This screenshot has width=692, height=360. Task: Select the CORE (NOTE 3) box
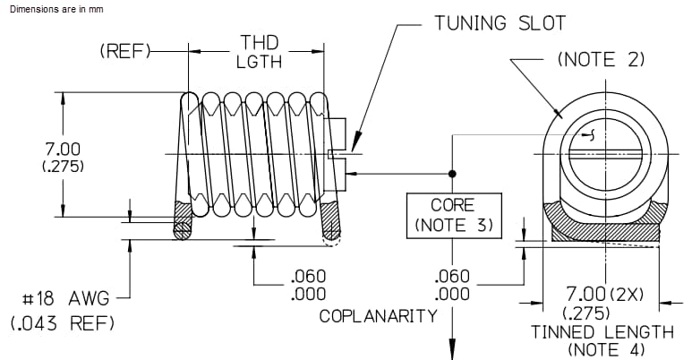point(453,215)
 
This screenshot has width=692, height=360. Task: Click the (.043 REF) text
point(60,323)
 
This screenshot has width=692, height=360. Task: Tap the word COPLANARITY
point(378,315)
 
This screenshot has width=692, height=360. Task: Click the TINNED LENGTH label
point(602,331)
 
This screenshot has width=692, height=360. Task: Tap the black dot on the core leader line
point(453,173)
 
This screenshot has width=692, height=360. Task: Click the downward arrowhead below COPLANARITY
point(453,350)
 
